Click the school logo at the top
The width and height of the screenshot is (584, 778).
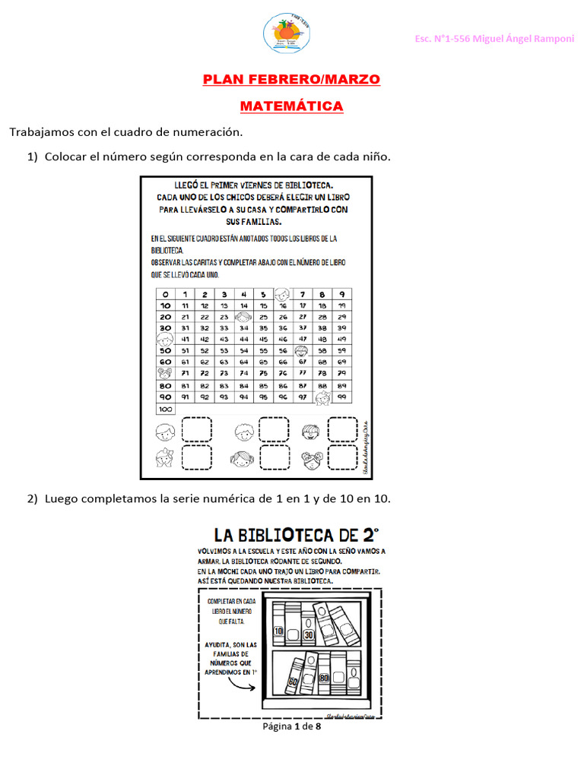point(282,33)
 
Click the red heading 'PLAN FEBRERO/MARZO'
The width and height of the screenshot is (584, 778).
point(291,80)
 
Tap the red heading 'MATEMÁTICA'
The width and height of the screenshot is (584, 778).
point(291,106)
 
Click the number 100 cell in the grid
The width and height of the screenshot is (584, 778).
point(165,409)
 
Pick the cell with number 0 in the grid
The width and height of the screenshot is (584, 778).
point(165,294)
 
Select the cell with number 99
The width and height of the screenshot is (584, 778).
point(342,397)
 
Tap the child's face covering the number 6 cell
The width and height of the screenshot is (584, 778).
point(283,294)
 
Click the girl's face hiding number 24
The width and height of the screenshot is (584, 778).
point(243,317)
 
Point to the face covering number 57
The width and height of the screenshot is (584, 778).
point(302,351)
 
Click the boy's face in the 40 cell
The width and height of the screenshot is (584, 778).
point(164,339)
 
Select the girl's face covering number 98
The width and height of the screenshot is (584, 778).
point(322,397)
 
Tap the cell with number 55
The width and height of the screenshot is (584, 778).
point(263,351)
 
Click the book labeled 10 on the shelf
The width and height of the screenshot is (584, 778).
point(278,631)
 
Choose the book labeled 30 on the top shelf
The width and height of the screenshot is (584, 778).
point(308,634)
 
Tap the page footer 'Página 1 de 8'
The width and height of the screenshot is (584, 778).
point(291,726)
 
